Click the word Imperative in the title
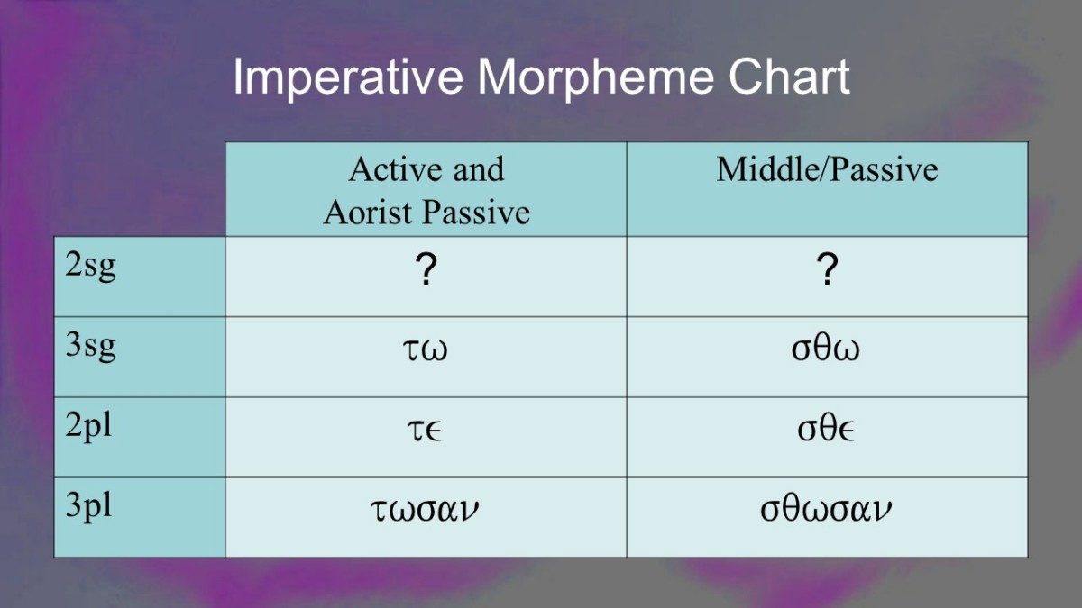coord(348,77)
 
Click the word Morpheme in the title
coord(596,77)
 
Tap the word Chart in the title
coord(789,77)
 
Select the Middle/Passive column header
coord(827,169)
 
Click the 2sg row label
coord(90,267)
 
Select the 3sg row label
coord(90,347)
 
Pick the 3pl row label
coord(88,506)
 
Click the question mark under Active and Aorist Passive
coord(426,268)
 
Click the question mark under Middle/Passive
coord(828,268)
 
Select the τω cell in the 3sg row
coord(425,349)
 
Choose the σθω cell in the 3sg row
coord(826,348)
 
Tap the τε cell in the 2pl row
coord(425,431)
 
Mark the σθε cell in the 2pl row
coord(826,428)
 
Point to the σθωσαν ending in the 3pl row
coord(826,508)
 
